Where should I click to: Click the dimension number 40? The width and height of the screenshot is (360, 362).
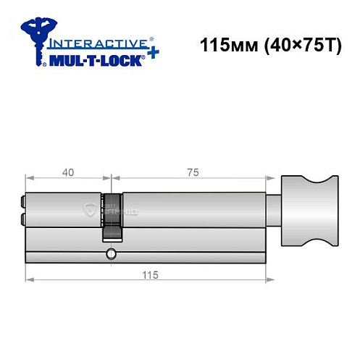(67, 172)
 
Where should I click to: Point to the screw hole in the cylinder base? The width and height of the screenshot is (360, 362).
(110, 253)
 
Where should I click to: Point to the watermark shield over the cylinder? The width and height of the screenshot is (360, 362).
(91, 210)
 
